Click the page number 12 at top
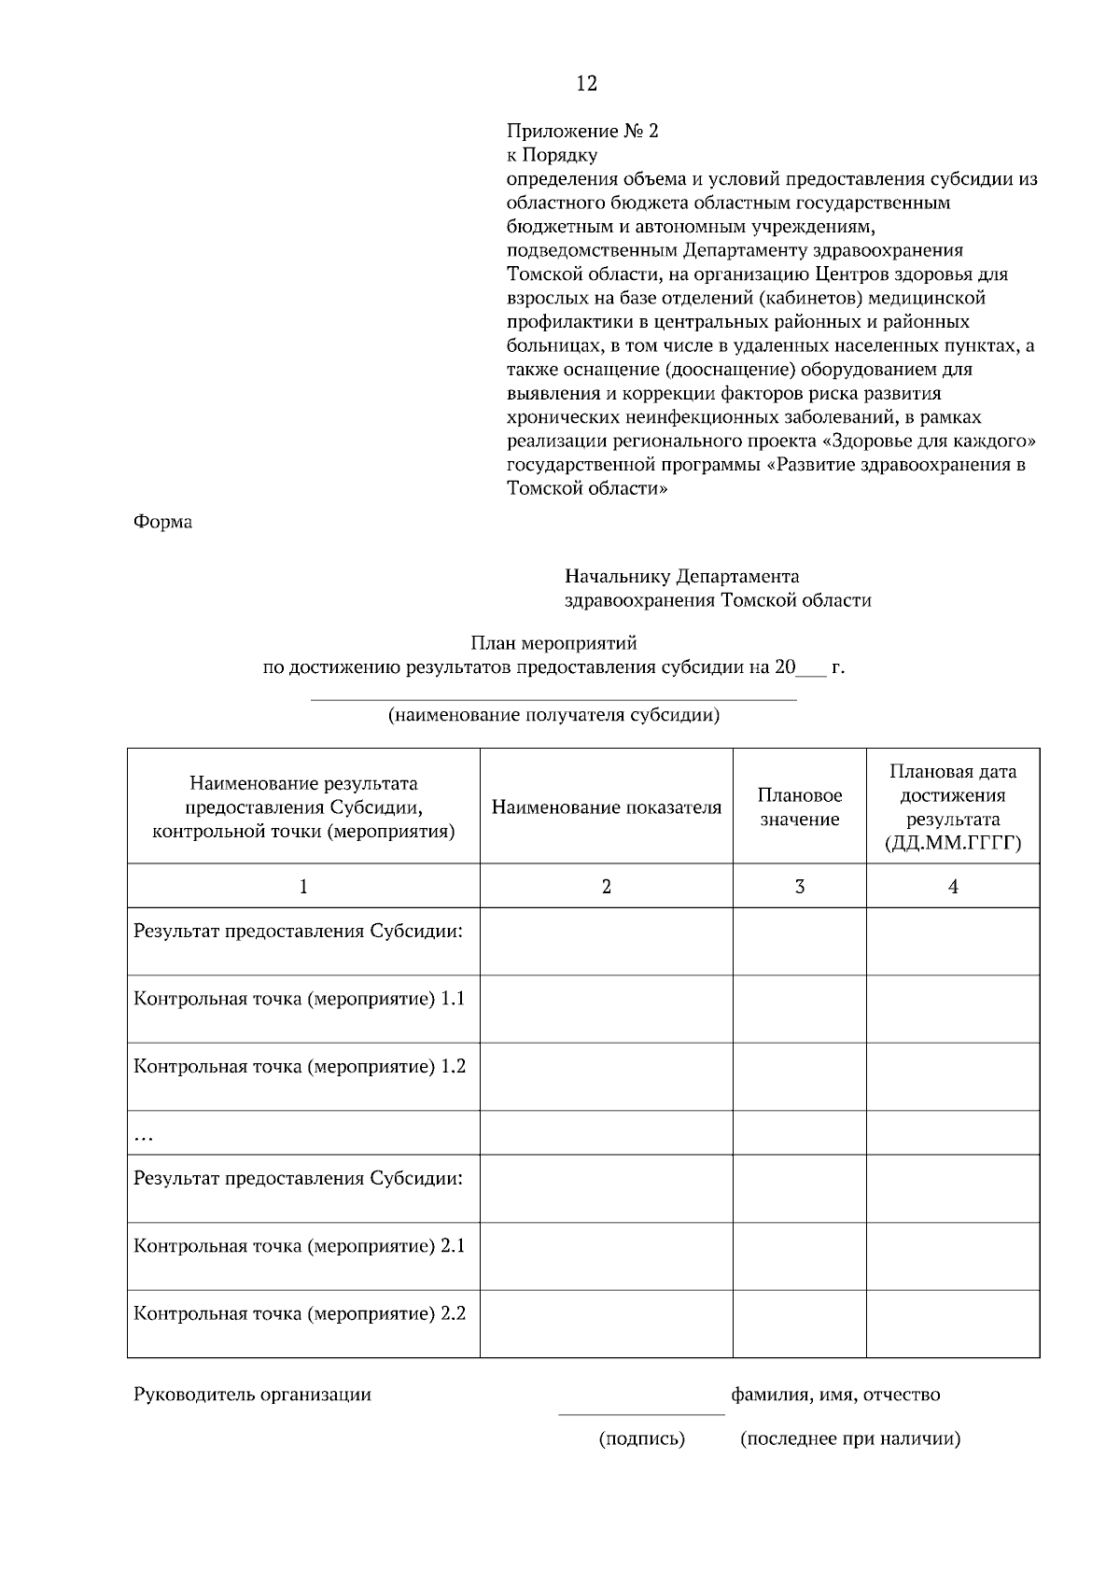tap(586, 84)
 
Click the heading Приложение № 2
tap(582, 131)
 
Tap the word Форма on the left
tap(162, 522)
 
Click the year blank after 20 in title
tap(812, 668)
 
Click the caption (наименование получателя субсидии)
tap(553, 716)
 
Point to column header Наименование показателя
tap(607, 807)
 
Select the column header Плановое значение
tap(800, 807)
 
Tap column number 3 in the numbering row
tap(800, 887)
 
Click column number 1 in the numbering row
tap(303, 887)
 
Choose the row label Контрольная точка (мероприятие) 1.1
tap(300, 999)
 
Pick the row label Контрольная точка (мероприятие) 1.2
tap(300, 1066)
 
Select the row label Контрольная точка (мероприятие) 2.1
tap(300, 1246)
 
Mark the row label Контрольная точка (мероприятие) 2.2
tap(300, 1314)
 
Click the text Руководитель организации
tap(252, 1395)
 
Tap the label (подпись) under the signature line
tap(642, 1438)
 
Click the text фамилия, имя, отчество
tap(835, 1395)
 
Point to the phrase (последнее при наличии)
tap(850, 1438)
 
